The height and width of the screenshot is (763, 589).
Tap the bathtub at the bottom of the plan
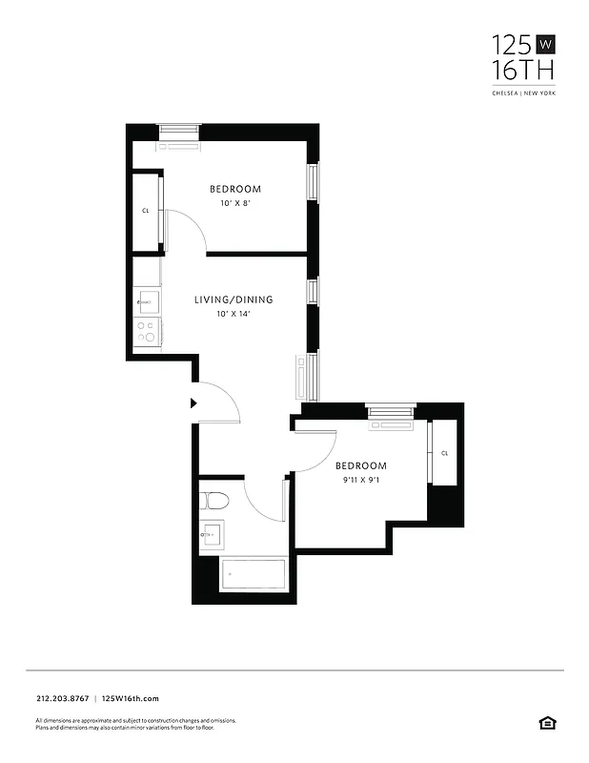tap(254, 576)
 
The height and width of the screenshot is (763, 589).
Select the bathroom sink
tap(212, 536)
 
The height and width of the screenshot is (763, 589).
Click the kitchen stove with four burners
tap(147, 331)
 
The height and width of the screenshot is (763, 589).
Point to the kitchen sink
tap(146, 302)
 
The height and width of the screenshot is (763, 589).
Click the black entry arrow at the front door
tap(193, 403)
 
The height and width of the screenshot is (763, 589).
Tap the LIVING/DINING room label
tap(234, 299)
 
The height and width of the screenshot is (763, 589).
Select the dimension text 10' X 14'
tap(234, 314)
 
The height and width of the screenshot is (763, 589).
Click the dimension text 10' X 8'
tap(234, 204)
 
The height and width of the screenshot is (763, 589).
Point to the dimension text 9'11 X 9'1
tap(361, 481)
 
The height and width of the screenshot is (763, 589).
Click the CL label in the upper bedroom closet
tap(146, 210)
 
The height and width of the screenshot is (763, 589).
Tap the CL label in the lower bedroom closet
tap(444, 453)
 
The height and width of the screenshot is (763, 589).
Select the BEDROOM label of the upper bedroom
tap(235, 189)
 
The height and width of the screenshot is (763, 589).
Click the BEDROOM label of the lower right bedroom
tap(361, 465)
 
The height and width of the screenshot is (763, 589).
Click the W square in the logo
tap(546, 44)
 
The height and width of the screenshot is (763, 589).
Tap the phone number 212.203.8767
tap(62, 699)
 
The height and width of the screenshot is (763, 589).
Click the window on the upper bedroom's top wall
tap(179, 132)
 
